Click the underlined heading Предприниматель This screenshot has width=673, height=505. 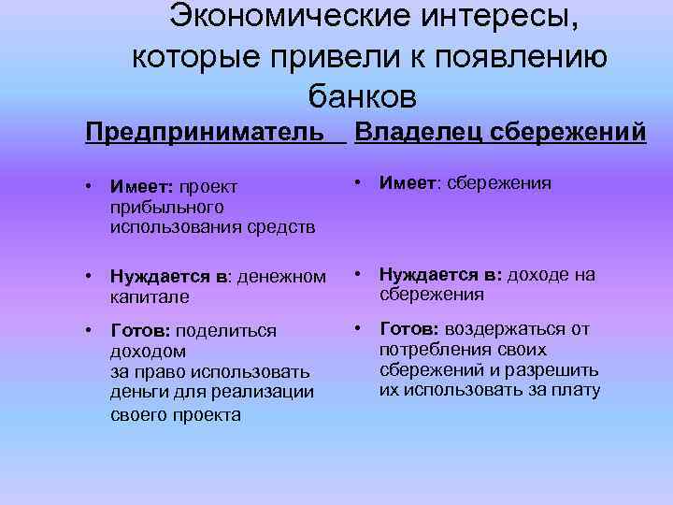click(x=210, y=132)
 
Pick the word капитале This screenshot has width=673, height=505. click(x=149, y=296)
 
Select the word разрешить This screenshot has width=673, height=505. click(x=551, y=369)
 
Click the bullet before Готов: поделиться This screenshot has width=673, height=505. click(x=88, y=331)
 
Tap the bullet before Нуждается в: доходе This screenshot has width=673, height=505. click(x=358, y=275)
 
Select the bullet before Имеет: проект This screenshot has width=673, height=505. click(x=88, y=188)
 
